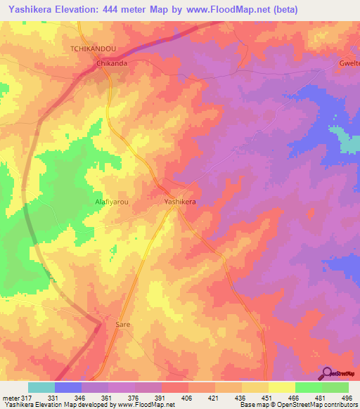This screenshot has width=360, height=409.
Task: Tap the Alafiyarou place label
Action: tap(111, 202)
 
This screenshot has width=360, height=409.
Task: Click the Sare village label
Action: tap(123, 325)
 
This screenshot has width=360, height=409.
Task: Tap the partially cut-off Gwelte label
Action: tap(349, 62)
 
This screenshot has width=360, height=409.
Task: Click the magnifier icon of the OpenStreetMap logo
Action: tap(327, 372)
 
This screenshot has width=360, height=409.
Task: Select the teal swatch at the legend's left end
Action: tap(41, 387)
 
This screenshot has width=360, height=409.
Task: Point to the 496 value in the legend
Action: tap(346, 398)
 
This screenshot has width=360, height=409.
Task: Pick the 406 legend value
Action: tap(186, 398)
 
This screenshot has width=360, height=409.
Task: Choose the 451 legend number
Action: tap(266, 398)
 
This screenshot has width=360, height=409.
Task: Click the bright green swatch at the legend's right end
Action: tap(335, 387)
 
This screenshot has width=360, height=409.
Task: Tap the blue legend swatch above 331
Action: tap(67, 387)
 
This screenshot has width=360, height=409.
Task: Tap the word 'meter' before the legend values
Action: tap(10, 398)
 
